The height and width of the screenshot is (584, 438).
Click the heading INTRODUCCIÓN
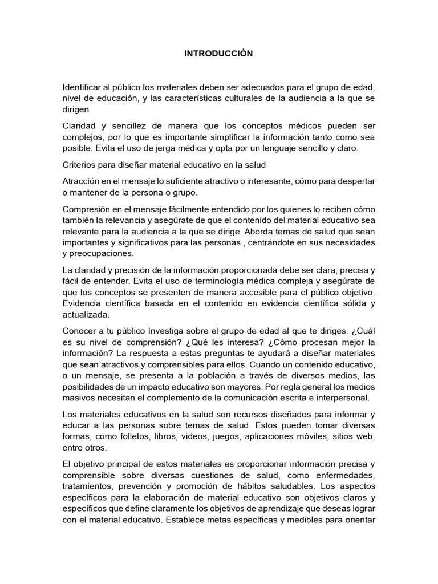pos(218,54)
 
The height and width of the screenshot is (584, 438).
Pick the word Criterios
pos(80,164)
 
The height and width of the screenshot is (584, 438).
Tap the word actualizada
pos(86,314)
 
